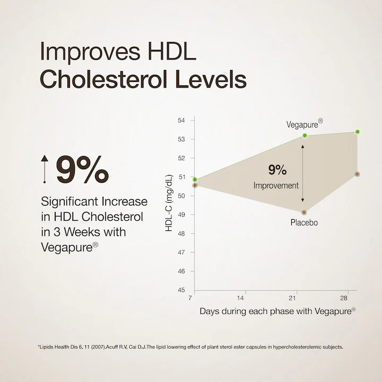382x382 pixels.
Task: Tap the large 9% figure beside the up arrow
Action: (x=82, y=170)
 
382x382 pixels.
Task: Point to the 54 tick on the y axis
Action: (x=181, y=120)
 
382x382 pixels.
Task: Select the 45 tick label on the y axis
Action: (x=181, y=290)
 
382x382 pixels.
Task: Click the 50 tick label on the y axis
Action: (x=181, y=196)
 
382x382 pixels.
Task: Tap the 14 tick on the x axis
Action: (x=241, y=298)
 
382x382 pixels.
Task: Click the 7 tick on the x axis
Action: (x=189, y=298)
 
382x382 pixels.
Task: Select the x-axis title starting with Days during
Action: (x=277, y=311)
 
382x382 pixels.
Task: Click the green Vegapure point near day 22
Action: (x=305, y=135)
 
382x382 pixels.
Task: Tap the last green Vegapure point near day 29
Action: (x=357, y=132)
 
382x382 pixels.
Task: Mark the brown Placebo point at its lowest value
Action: (x=304, y=212)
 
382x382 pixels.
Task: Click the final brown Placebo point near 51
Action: (x=357, y=174)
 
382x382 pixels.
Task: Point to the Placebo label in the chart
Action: (x=303, y=223)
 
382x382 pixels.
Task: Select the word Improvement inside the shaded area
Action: (x=276, y=186)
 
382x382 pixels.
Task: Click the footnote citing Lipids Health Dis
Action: (x=192, y=348)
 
